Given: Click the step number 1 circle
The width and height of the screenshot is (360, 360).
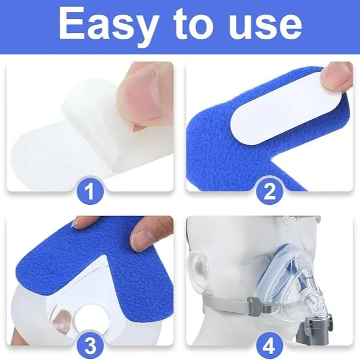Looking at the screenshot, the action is click(90, 191).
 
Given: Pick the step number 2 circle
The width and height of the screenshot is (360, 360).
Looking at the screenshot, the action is click(270, 191).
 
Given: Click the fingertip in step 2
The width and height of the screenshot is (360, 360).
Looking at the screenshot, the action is click(337, 77).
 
